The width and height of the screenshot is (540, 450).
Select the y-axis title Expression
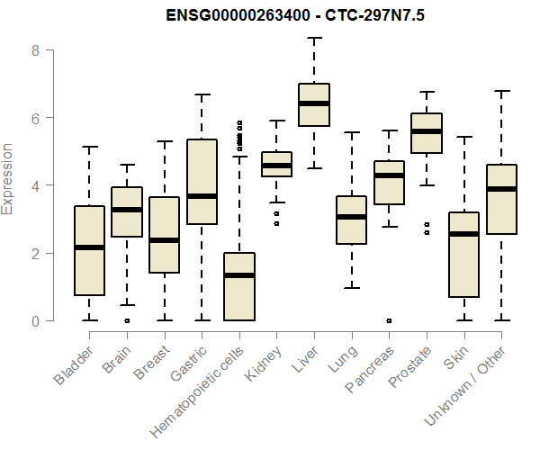[8, 178]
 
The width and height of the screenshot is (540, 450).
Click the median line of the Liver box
[313, 103]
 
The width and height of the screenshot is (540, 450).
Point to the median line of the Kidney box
[276, 166]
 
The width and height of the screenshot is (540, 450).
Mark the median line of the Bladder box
[89, 247]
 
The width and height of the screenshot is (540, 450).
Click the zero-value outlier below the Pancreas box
[389, 320]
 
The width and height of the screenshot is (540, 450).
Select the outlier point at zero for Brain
[127, 320]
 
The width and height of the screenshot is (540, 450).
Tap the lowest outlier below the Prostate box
[427, 232]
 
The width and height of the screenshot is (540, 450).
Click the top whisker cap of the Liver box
[313, 38]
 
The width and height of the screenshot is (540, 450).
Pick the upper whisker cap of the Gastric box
[202, 94]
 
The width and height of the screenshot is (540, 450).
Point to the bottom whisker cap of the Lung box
[351, 288]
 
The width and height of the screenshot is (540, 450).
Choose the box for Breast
[164, 234]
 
